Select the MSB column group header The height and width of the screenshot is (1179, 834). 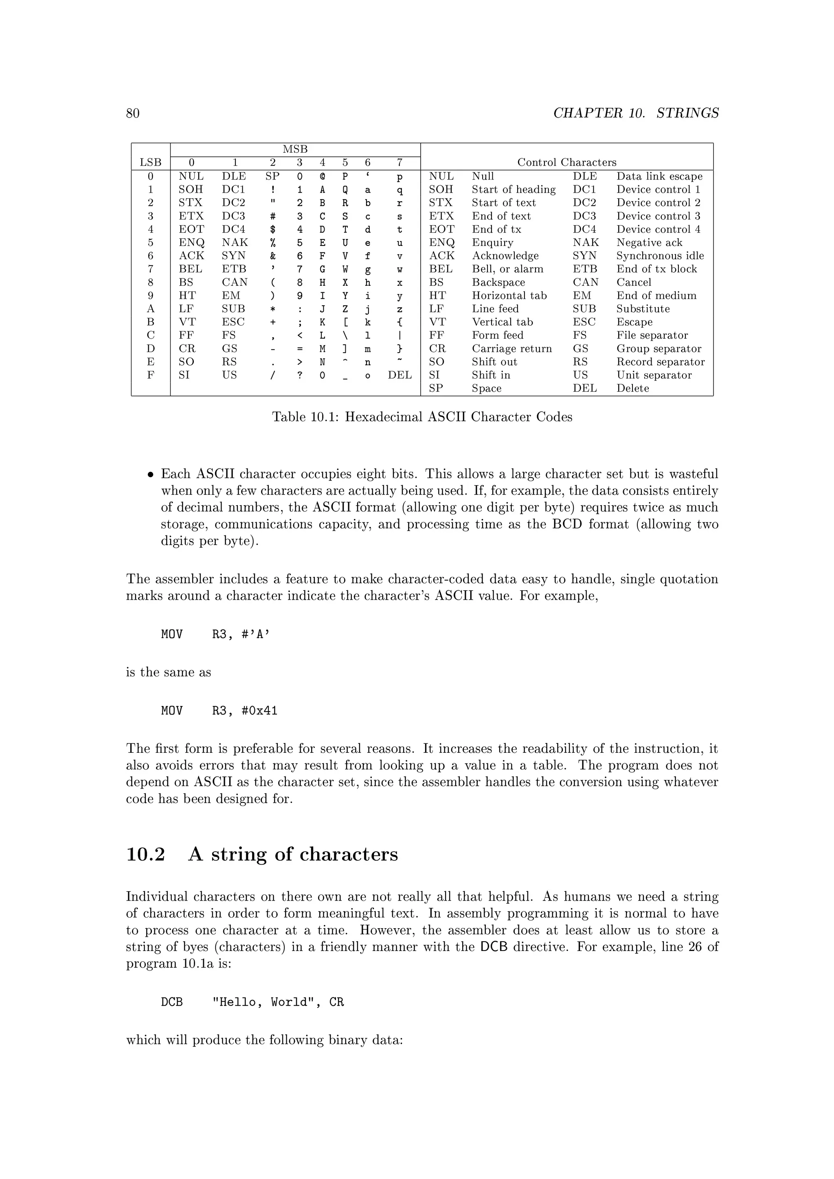pos(295,149)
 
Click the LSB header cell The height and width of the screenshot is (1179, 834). pos(150,163)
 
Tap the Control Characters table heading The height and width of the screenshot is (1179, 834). pos(566,163)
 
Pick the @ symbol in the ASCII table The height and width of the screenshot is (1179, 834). pos(323,177)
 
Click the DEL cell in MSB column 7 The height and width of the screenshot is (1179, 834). pos(399,375)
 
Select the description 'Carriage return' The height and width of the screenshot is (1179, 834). pos(511,348)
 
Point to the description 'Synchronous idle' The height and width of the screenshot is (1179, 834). pos(660,256)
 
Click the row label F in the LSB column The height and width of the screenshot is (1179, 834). pos(150,375)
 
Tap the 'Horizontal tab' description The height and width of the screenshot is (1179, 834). pos(509,296)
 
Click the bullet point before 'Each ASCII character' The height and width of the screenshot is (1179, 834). pos(150,475)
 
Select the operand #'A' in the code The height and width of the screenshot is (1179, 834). pos(256,635)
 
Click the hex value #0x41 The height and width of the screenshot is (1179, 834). pos(259,711)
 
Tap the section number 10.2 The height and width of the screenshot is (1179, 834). pos(145,855)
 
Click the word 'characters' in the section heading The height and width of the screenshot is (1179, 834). pos(348,855)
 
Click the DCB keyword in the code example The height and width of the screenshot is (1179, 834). pos(171,1002)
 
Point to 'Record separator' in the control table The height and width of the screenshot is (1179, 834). pos(661,362)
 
